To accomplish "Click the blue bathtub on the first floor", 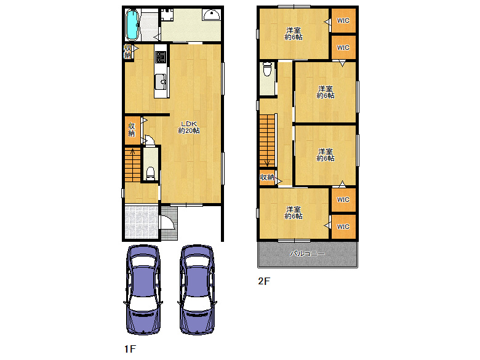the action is [132, 25].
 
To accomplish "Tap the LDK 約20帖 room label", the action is [189, 127].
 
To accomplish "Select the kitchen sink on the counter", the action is [161, 82].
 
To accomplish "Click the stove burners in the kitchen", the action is [161, 57].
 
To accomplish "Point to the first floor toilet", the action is [150, 174].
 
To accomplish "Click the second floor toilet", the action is [268, 69].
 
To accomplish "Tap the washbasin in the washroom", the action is [211, 15].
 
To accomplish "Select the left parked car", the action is [143, 289].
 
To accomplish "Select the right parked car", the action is [197, 289].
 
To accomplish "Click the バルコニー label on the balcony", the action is [307, 254].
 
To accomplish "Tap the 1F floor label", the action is [130, 349].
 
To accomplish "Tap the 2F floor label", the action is [264, 281].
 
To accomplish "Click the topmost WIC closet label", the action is [343, 20].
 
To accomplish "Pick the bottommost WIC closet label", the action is [343, 226].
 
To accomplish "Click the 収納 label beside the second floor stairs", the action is [266, 177].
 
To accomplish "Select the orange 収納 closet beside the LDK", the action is [132, 130].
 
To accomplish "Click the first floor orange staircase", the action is [132, 165].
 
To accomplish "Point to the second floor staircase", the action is [267, 141].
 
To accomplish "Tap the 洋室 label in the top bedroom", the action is [294, 30].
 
